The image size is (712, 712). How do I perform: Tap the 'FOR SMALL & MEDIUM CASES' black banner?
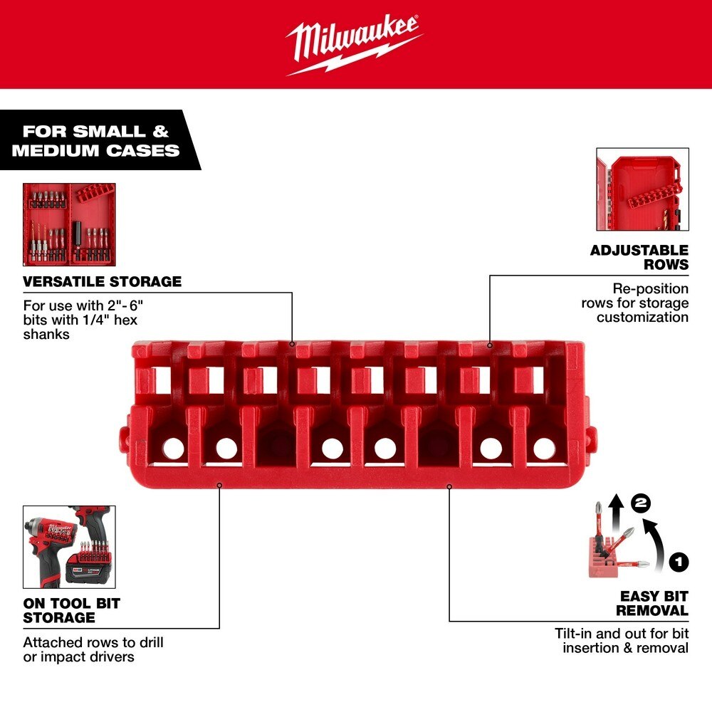95,140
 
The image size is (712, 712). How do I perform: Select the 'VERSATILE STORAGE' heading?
103,281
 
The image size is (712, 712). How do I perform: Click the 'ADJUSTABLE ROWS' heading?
639,257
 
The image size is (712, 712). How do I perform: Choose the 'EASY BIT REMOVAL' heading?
652,603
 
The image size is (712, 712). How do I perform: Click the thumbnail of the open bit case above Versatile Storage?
69,224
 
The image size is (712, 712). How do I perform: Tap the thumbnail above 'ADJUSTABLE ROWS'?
642,189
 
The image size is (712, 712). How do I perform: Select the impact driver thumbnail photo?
69,547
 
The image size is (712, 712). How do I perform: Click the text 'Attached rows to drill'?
93,642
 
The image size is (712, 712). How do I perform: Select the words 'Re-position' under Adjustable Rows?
651,288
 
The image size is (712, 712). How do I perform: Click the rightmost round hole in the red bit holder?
543,448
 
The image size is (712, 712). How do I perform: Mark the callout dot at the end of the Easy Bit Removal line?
449,487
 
